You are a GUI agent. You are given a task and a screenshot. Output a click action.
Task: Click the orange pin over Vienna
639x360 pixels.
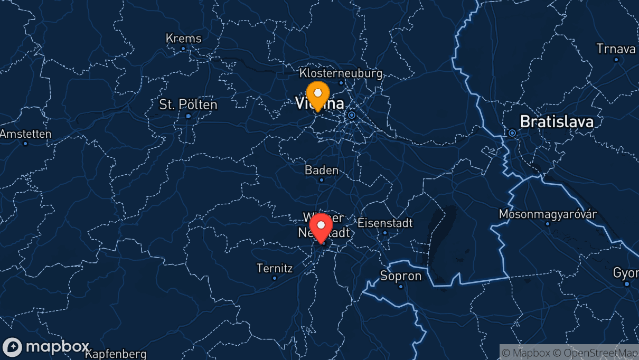tap(318, 94)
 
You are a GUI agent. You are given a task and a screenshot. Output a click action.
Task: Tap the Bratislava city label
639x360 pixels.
tap(557, 121)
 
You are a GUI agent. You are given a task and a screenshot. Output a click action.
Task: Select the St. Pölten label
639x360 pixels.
tap(188, 105)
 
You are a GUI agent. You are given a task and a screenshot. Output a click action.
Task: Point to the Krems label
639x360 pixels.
tap(183, 39)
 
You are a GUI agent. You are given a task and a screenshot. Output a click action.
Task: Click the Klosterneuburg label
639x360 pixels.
tap(341, 73)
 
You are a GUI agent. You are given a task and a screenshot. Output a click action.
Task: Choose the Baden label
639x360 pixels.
tap(321, 170)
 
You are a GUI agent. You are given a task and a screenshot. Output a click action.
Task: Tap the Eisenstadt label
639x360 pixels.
tap(385, 223)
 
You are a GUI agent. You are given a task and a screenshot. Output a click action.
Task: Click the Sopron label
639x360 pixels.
tap(401, 276)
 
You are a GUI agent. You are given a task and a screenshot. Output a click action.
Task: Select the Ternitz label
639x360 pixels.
tap(274, 268)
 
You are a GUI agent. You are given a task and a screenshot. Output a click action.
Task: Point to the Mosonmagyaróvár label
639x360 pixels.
tap(548, 214)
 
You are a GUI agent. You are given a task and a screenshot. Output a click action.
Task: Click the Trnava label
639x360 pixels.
tap(616, 49)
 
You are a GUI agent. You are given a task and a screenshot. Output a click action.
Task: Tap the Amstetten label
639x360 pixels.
tap(25, 134)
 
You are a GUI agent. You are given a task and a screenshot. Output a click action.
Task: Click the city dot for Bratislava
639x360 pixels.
tap(512, 133)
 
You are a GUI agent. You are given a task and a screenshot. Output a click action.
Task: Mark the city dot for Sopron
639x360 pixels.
tap(400, 287)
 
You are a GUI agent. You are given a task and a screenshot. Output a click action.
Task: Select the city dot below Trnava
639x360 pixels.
tap(616, 60)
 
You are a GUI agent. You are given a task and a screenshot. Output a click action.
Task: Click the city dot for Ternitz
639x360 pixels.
tap(274, 278)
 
